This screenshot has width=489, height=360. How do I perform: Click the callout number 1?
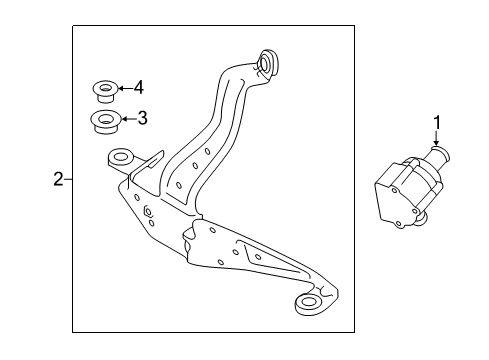click(x=436, y=123)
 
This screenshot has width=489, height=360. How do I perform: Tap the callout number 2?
click(x=58, y=179)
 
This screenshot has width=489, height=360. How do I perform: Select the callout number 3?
click(x=142, y=118)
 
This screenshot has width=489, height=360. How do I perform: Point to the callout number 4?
click(x=139, y=88)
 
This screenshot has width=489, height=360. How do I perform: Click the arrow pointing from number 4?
click(x=125, y=88)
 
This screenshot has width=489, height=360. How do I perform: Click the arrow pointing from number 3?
click(x=129, y=118)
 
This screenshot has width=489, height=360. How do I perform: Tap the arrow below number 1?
click(x=436, y=138)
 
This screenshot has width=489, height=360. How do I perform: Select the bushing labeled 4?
click(x=105, y=91)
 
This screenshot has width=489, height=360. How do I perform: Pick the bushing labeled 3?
click(x=106, y=121)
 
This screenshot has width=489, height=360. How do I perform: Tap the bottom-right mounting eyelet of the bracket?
click(x=307, y=302)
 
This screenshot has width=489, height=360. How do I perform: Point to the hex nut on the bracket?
click(x=147, y=211)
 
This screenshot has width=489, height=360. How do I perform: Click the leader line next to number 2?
click(x=68, y=179)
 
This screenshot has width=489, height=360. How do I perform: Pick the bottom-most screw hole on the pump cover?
click(x=398, y=224)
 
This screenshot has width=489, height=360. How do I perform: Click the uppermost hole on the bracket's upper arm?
click(x=207, y=152)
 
